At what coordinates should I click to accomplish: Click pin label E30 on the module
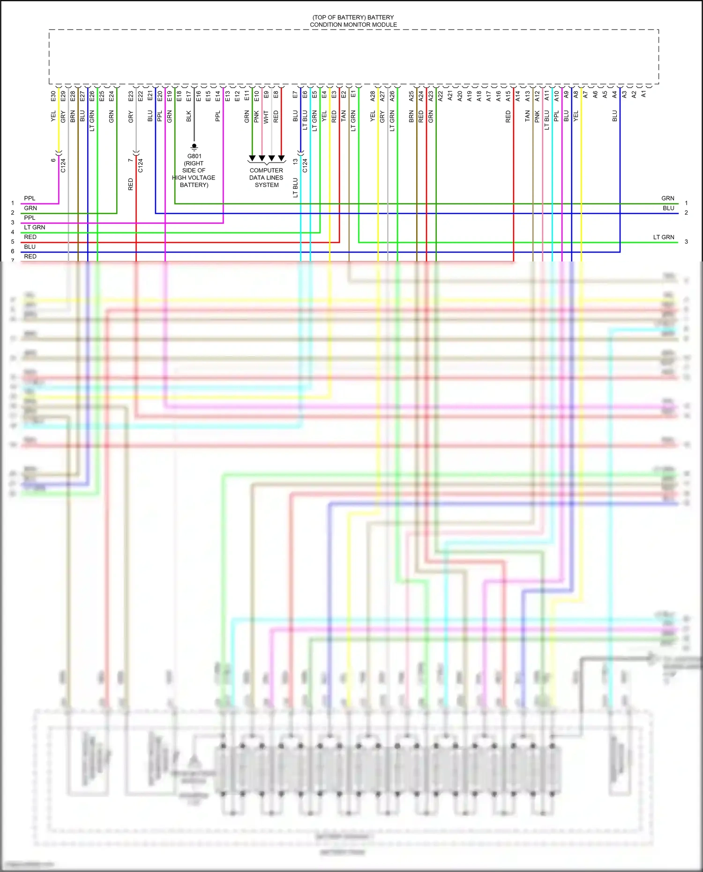pos(53,96)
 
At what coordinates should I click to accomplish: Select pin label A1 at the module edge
pos(643,94)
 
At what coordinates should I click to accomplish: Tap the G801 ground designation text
pos(194,157)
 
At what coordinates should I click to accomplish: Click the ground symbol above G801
pos(194,147)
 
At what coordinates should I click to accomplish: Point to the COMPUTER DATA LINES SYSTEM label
pos(266,178)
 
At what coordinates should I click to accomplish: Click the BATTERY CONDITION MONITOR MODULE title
pos(353,21)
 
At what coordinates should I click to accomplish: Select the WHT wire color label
pos(266,117)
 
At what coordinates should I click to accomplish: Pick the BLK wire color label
pos(189,116)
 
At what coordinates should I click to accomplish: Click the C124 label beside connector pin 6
pos(63,165)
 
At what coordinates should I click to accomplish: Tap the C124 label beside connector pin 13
pos(305,165)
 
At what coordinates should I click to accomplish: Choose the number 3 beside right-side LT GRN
pos(686,242)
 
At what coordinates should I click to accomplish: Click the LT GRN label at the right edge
pos(664,237)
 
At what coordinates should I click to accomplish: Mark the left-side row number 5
pos(13,242)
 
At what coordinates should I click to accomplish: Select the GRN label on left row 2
pos(30,208)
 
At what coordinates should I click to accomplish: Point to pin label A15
pos(508,96)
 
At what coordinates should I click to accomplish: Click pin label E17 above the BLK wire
pos(189,96)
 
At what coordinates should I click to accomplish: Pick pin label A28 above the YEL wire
pos(373,96)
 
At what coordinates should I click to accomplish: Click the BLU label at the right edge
pos(668,208)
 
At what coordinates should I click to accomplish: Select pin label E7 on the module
pos(295,95)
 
